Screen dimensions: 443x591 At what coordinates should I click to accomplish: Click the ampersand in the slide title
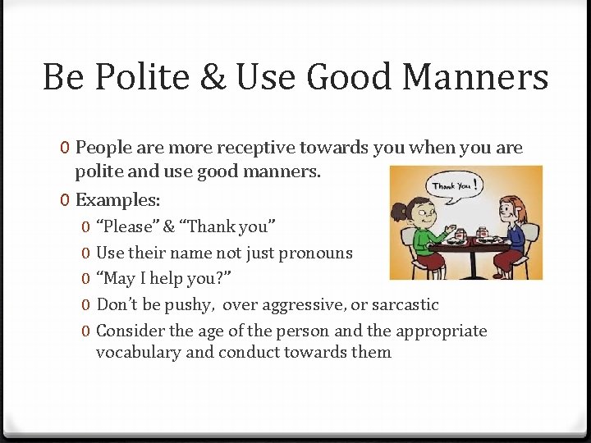[213, 78]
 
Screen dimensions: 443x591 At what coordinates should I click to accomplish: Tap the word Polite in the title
[140, 78]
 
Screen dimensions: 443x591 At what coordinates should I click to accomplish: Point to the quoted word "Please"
[126, 226]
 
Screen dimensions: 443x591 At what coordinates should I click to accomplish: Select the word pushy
[187, 305]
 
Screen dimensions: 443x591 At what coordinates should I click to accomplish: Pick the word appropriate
[441, 331]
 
